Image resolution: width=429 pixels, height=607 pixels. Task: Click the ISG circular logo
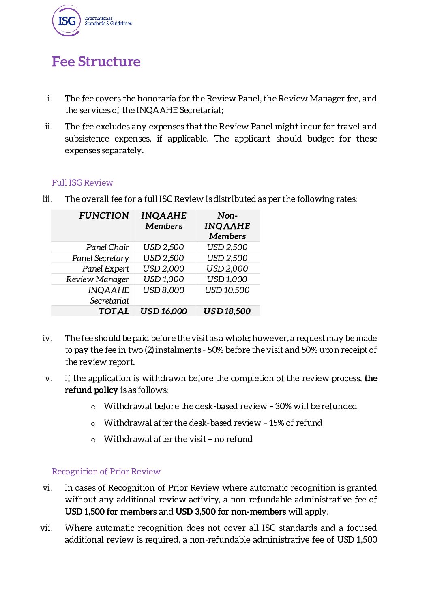[66, 21]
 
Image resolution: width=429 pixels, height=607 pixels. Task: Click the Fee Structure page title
[96, 62]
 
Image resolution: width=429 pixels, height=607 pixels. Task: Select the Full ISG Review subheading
[82, 183]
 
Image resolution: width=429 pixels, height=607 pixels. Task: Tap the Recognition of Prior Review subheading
[106, 472]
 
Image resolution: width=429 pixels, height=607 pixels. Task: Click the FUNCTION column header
[104, 216]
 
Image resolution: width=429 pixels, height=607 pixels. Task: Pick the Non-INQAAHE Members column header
[227, 226]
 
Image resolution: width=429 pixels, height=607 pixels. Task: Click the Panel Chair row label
[107, 247]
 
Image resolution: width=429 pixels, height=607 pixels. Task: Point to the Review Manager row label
[97, 279]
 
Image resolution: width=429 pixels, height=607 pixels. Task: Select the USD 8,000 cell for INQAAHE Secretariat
[163, 290]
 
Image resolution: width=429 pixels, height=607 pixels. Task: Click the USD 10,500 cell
[227, 290]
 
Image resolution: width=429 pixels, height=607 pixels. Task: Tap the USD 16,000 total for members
[163, 311]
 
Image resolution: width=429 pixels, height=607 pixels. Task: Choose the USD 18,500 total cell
[227, 311]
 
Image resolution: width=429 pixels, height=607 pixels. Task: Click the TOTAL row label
[114, 311]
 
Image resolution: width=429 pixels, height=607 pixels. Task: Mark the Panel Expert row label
[105, 269]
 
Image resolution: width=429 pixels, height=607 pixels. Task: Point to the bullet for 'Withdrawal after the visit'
[93, 440]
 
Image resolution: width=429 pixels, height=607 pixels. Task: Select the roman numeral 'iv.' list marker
[47, 338]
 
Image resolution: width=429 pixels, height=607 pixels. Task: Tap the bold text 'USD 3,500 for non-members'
[231, 512]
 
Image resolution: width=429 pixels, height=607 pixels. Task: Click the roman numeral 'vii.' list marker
[46, 528]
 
